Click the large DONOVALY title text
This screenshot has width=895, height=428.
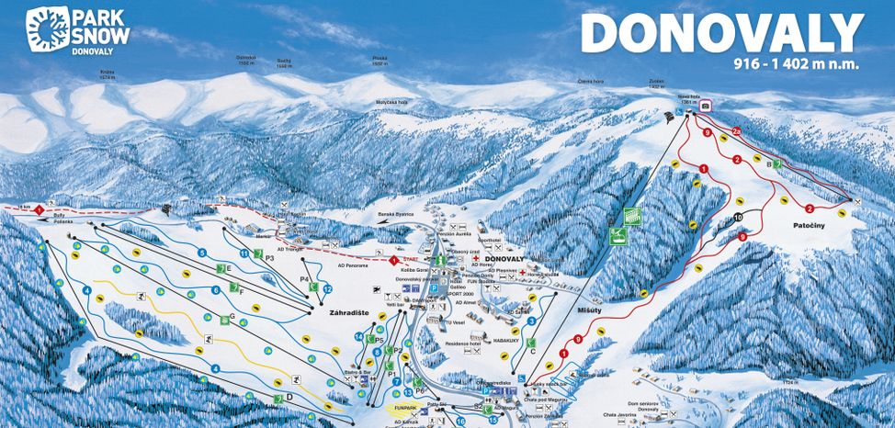(723, 34)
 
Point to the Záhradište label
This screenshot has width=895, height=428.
(348, 312)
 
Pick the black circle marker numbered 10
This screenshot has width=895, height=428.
(739, 218)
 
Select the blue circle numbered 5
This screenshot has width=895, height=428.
(201, 252)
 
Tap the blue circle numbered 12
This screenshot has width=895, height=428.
(327, 289)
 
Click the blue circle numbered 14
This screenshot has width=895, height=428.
(358, 337)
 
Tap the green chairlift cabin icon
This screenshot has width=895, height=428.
(631, 216)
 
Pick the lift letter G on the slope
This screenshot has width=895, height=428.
(232, 317)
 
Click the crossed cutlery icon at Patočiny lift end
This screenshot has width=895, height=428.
(856, 201)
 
